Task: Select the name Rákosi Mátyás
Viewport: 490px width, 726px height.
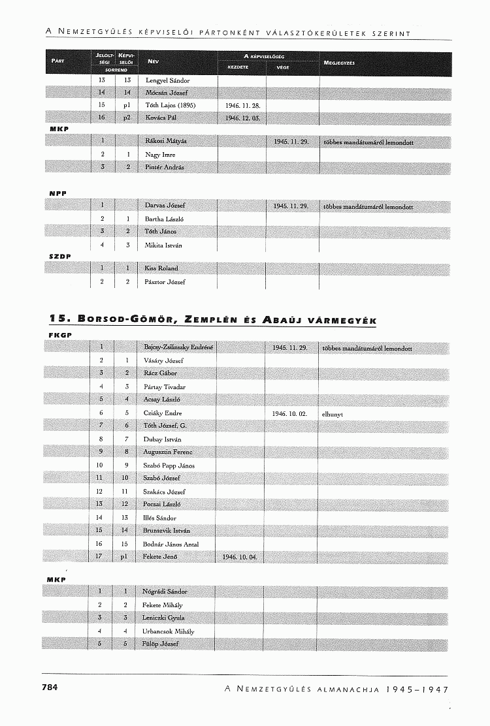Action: (x=166, y=142)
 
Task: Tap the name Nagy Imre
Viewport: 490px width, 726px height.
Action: (x=160, y=155)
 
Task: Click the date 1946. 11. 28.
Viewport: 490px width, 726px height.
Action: (x=242, y=105)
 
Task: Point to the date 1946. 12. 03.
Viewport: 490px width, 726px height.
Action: (x=242, y=118)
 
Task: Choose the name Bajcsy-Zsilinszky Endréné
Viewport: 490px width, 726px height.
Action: (x=178, y=347)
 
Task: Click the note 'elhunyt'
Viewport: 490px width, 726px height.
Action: (x=333, y=413)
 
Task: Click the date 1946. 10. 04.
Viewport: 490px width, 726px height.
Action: (x=240, y=557)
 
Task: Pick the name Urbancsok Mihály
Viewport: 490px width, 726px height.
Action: (x=169, y=631)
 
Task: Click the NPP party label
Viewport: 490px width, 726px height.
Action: (x=59, y=194)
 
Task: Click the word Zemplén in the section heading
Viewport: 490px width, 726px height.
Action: (x=212, y=320)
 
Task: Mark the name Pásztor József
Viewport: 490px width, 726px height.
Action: (x=165, y=282)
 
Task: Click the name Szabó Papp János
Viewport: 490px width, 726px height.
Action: (x=169, y=466)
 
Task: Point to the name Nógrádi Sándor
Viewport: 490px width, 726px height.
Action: (x=165, y=592)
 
